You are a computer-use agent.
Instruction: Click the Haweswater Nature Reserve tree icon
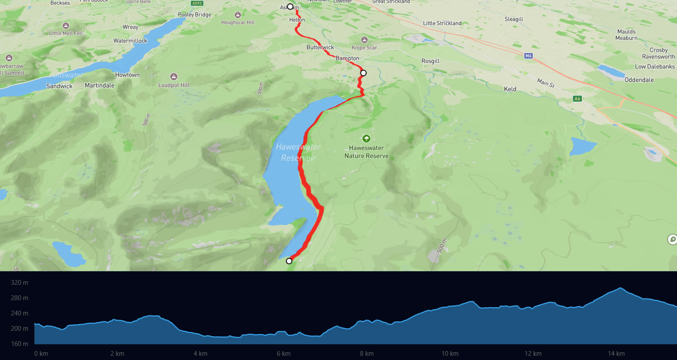[x=366, y=139]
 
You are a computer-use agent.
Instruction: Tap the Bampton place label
[x=347, y=58]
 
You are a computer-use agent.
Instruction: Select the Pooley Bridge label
[x=195, y=14]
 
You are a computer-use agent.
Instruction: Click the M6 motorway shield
[x=528, y=56]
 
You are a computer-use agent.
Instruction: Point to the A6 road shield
[x=577, y=99]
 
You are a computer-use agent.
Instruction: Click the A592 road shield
[x=197, y=3]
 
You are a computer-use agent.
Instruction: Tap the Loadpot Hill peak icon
[x=174, y=77]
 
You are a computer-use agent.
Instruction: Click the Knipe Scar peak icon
[x=364, y=40]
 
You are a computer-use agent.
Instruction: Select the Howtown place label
[x=127, y=75]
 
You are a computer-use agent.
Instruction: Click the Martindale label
[x=99, y=85]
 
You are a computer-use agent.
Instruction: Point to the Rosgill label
[x=430, y=61]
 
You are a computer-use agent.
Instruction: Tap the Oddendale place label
[x=639, y=80]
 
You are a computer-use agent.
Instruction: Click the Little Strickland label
[x=442, y=23]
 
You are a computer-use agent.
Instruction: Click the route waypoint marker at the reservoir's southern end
[x=289, y=261]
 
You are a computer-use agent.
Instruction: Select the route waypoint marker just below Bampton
[x=363, y=73]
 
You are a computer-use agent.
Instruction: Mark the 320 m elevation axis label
[x=20, y=283]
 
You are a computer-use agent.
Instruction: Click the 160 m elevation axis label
[x=20, y=344]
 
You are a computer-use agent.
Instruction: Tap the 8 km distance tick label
[x=367, y=354]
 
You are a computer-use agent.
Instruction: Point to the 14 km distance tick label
[x=616, y=354]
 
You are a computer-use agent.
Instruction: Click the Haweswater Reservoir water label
[x=298, y=152]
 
